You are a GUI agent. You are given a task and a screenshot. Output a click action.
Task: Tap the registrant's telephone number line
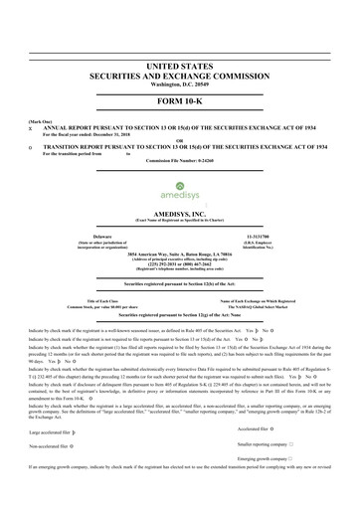[180, 262]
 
